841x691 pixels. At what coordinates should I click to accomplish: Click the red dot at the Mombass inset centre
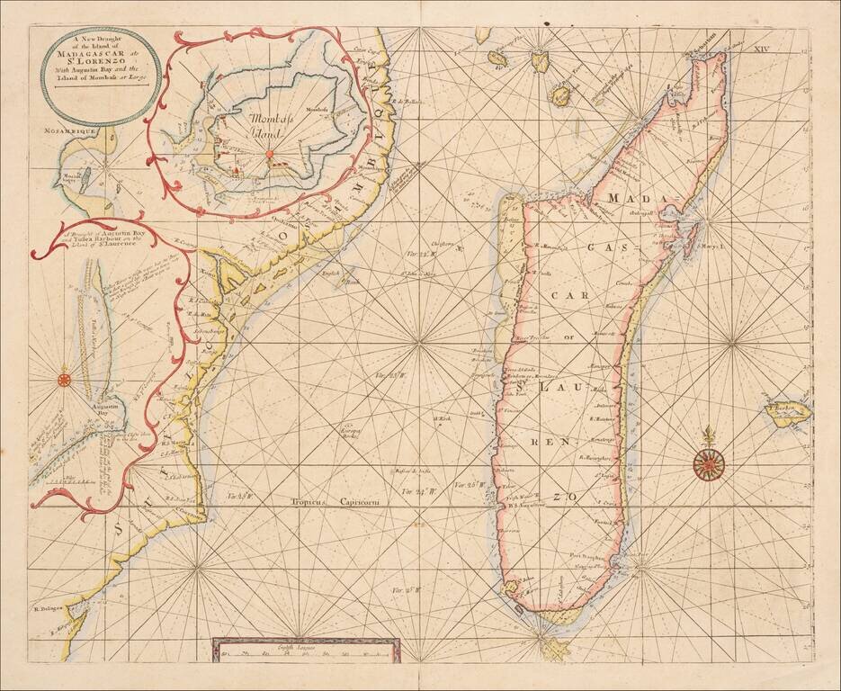point(269,154)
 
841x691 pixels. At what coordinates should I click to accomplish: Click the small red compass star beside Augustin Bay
point(65,379)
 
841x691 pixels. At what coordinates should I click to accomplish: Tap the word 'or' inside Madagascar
point(567,340)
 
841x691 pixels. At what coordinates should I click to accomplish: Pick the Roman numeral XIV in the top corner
point(763,35)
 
